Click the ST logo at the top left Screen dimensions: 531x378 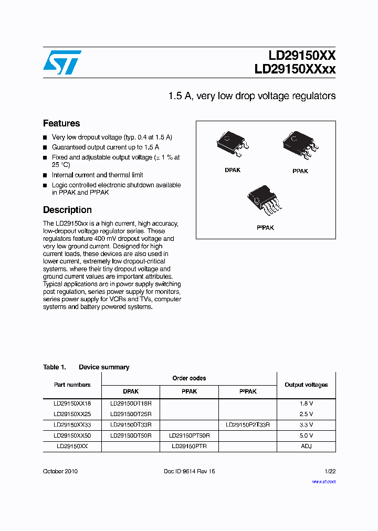(x=62, y=62)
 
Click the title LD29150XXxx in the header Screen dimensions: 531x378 (x=295, y=69)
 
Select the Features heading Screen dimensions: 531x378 (x=61, y=123)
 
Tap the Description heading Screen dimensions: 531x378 (x=67, y=210)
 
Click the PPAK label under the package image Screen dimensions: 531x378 (x=300, y=171)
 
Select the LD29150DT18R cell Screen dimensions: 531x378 (x=131, y=403)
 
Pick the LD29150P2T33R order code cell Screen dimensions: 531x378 (x=247, y=424)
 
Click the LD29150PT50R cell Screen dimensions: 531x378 (x=189, y=436)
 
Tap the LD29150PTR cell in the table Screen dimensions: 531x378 (x=189, y=446)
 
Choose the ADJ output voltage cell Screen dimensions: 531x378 (x=306, y=446)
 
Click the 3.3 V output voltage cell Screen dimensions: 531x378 (x=306, y=424)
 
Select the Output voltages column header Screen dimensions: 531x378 (x=306, y=385)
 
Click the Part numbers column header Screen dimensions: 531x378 (x=72, y=385)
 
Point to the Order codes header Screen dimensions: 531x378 (x=189, y=378)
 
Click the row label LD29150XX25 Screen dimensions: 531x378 (x=72, y=414)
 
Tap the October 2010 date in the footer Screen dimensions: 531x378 (x=60, y=471)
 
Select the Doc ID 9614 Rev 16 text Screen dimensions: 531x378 (x=190, y=471)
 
